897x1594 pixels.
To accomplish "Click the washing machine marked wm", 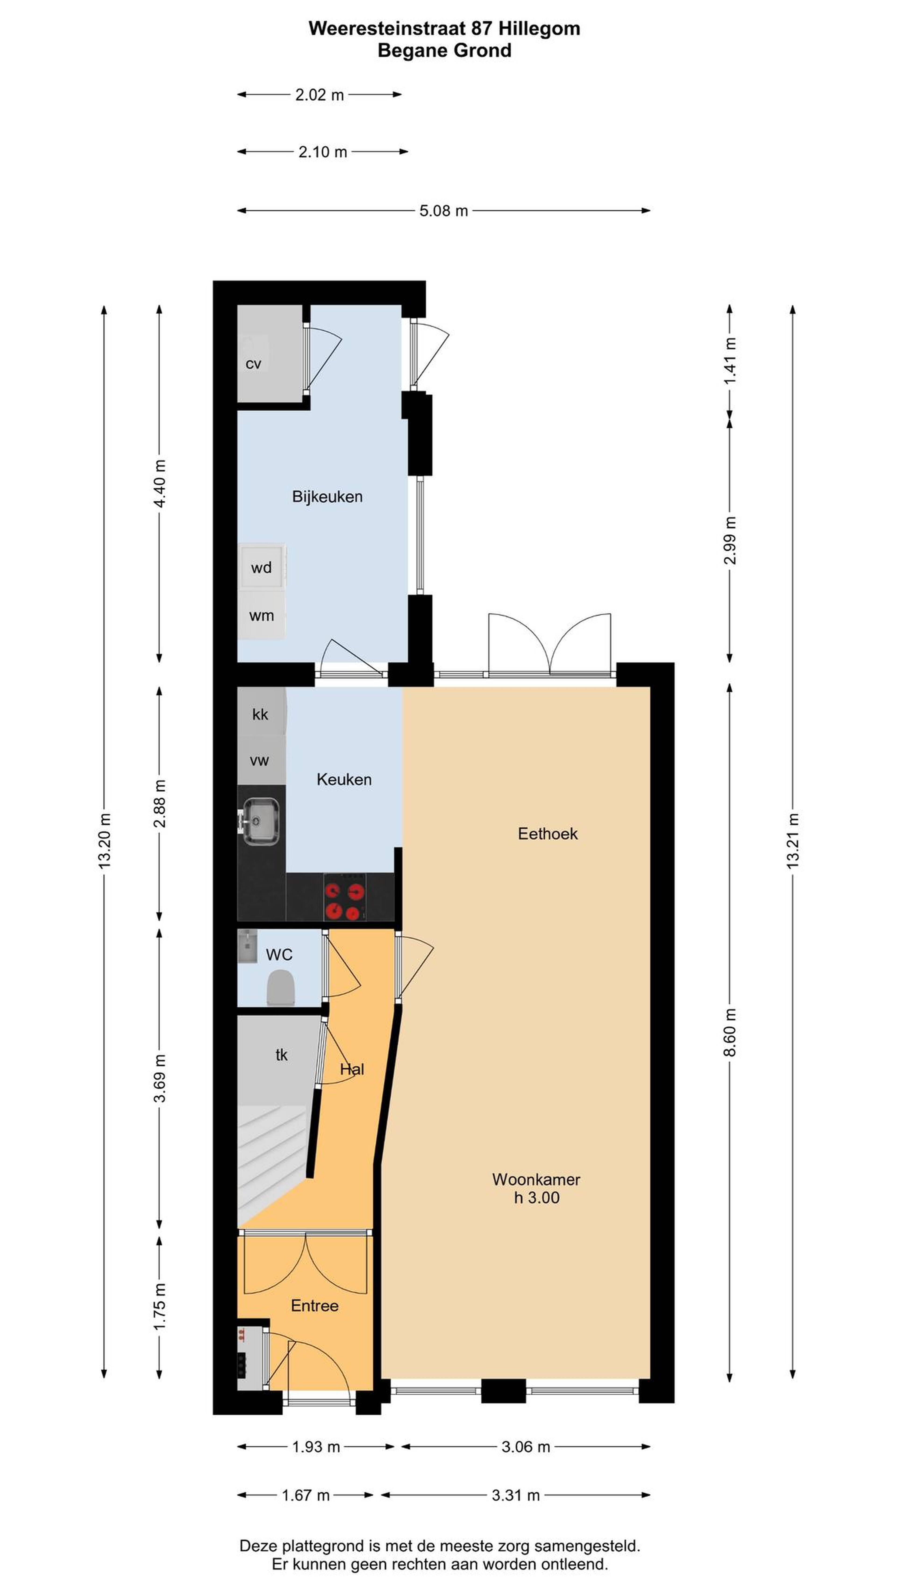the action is [x=261, y=616].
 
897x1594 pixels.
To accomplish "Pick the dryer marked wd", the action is [x=261, y=567].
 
